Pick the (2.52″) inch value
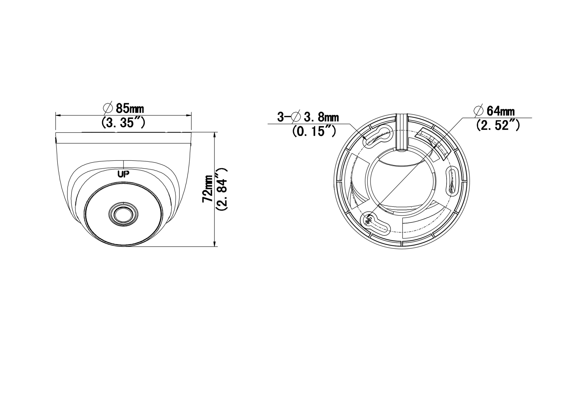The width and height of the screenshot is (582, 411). coord(498,125)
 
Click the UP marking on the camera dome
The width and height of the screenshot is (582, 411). coord(123,174)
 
